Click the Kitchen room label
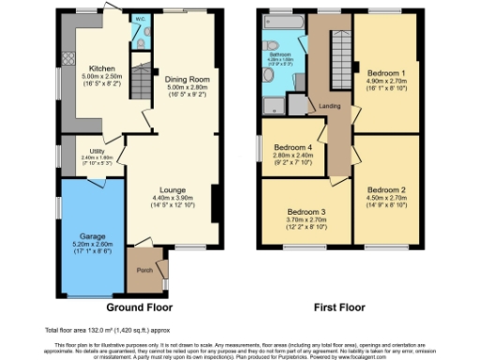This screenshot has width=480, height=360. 101,68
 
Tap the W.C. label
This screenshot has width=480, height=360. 138,19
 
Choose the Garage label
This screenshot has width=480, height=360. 92,236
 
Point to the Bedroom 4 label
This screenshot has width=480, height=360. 292,147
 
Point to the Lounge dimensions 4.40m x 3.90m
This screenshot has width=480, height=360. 172,198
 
